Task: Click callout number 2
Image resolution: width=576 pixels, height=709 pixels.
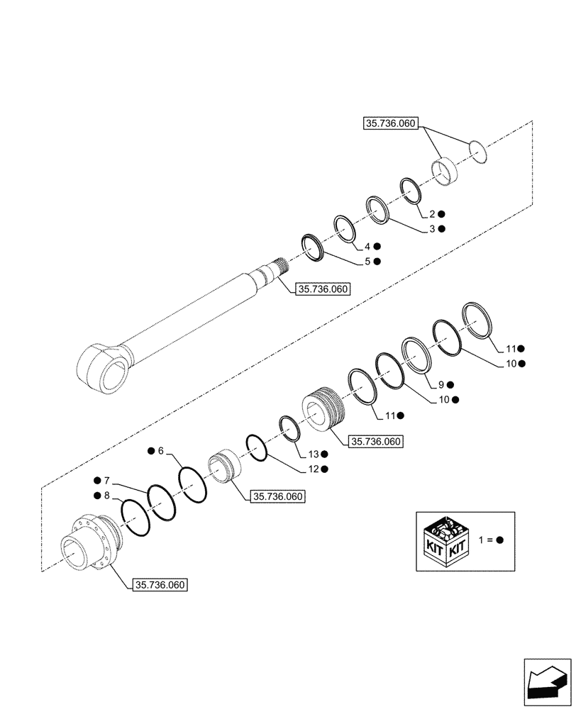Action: [431, 214]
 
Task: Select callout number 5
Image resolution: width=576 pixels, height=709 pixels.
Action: [367, 262]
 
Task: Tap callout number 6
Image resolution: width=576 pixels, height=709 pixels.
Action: [160, 451]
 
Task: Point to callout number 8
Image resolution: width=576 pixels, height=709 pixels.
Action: [106, 495]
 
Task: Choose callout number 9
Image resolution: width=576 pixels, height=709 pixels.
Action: [441, 385]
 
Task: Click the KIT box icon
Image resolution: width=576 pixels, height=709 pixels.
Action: [444, 541]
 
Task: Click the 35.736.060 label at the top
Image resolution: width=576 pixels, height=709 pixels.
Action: [390, 123]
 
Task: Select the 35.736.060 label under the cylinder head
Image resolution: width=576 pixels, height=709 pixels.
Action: [160, 585]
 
